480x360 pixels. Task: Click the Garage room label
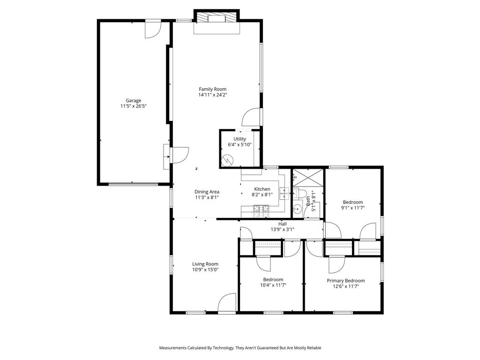click(133, 100)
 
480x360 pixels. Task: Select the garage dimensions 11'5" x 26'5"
click(133, 106)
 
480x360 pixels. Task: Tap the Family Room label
click(212, 89)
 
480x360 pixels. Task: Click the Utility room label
click(240, 139)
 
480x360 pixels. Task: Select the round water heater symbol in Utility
click(227, 161)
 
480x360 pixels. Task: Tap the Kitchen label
click(262, 189)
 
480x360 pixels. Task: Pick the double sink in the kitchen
click(285, 193)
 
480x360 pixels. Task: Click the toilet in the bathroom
click(300, 193)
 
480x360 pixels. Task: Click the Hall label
click(283, 224)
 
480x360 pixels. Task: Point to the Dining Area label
click(207, 191)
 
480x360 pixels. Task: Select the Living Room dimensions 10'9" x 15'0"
click(205, 270)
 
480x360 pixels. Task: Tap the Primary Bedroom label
click(345, 281)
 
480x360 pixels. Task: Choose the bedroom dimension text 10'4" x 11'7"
click(273, 285)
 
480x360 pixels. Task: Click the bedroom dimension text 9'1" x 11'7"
click(352, 208)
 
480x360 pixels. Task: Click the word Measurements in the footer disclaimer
click(173, 348)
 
